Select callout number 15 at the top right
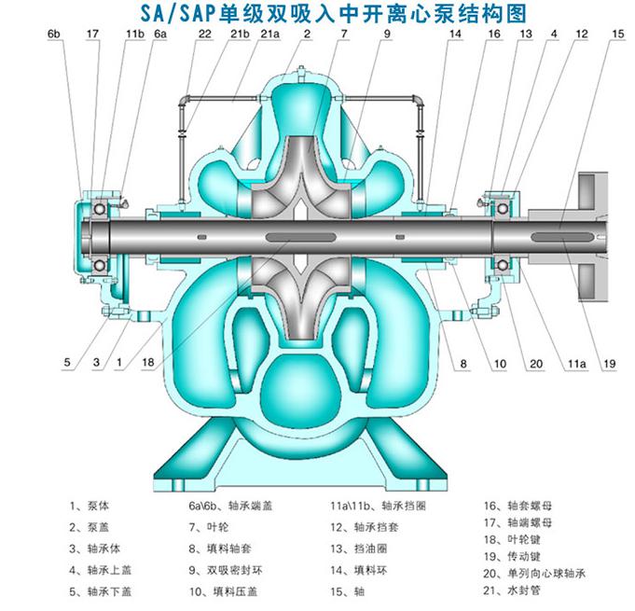click(x=618, y=34)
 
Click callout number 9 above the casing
click(x=385, y=34)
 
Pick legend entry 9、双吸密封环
click(x=231, y=567)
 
